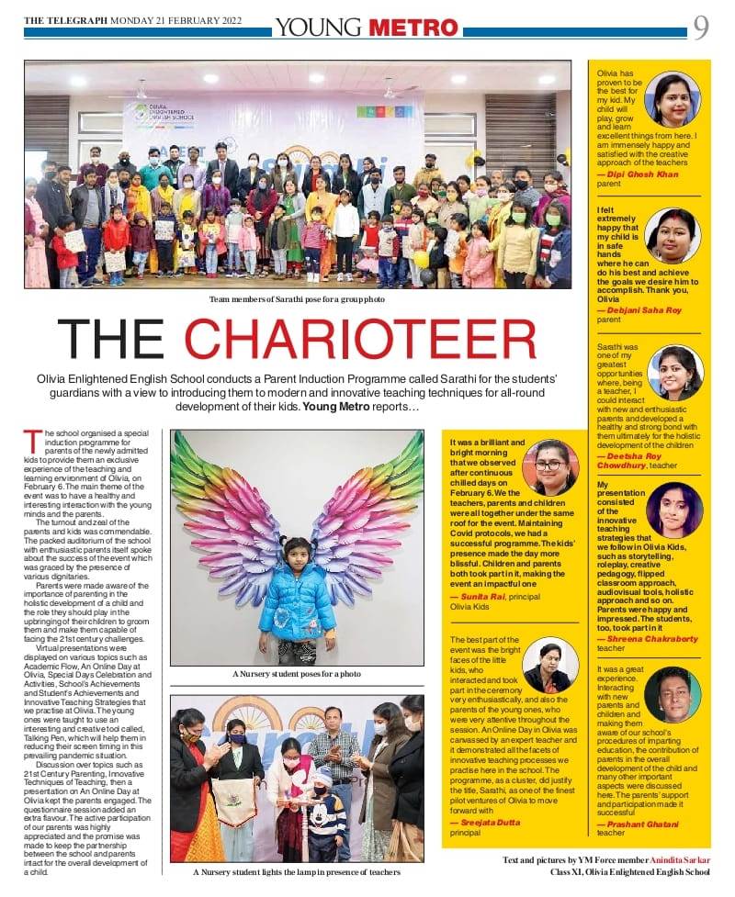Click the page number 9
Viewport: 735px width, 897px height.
[701, 28]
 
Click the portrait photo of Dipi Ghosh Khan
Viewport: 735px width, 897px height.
[673, 98]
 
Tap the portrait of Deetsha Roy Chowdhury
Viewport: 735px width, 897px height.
[674, 372]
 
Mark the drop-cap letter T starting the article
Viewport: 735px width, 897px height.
[29, 436]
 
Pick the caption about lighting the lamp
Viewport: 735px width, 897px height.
[297, 872]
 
